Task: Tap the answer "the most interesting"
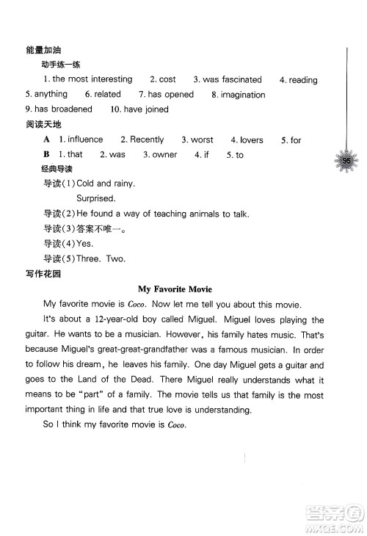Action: point(92,79)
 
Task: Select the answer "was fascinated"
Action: point(232,79)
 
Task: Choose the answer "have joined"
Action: point(144,109)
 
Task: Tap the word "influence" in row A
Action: point(85,140)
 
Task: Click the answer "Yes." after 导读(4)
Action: point(85,243)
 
